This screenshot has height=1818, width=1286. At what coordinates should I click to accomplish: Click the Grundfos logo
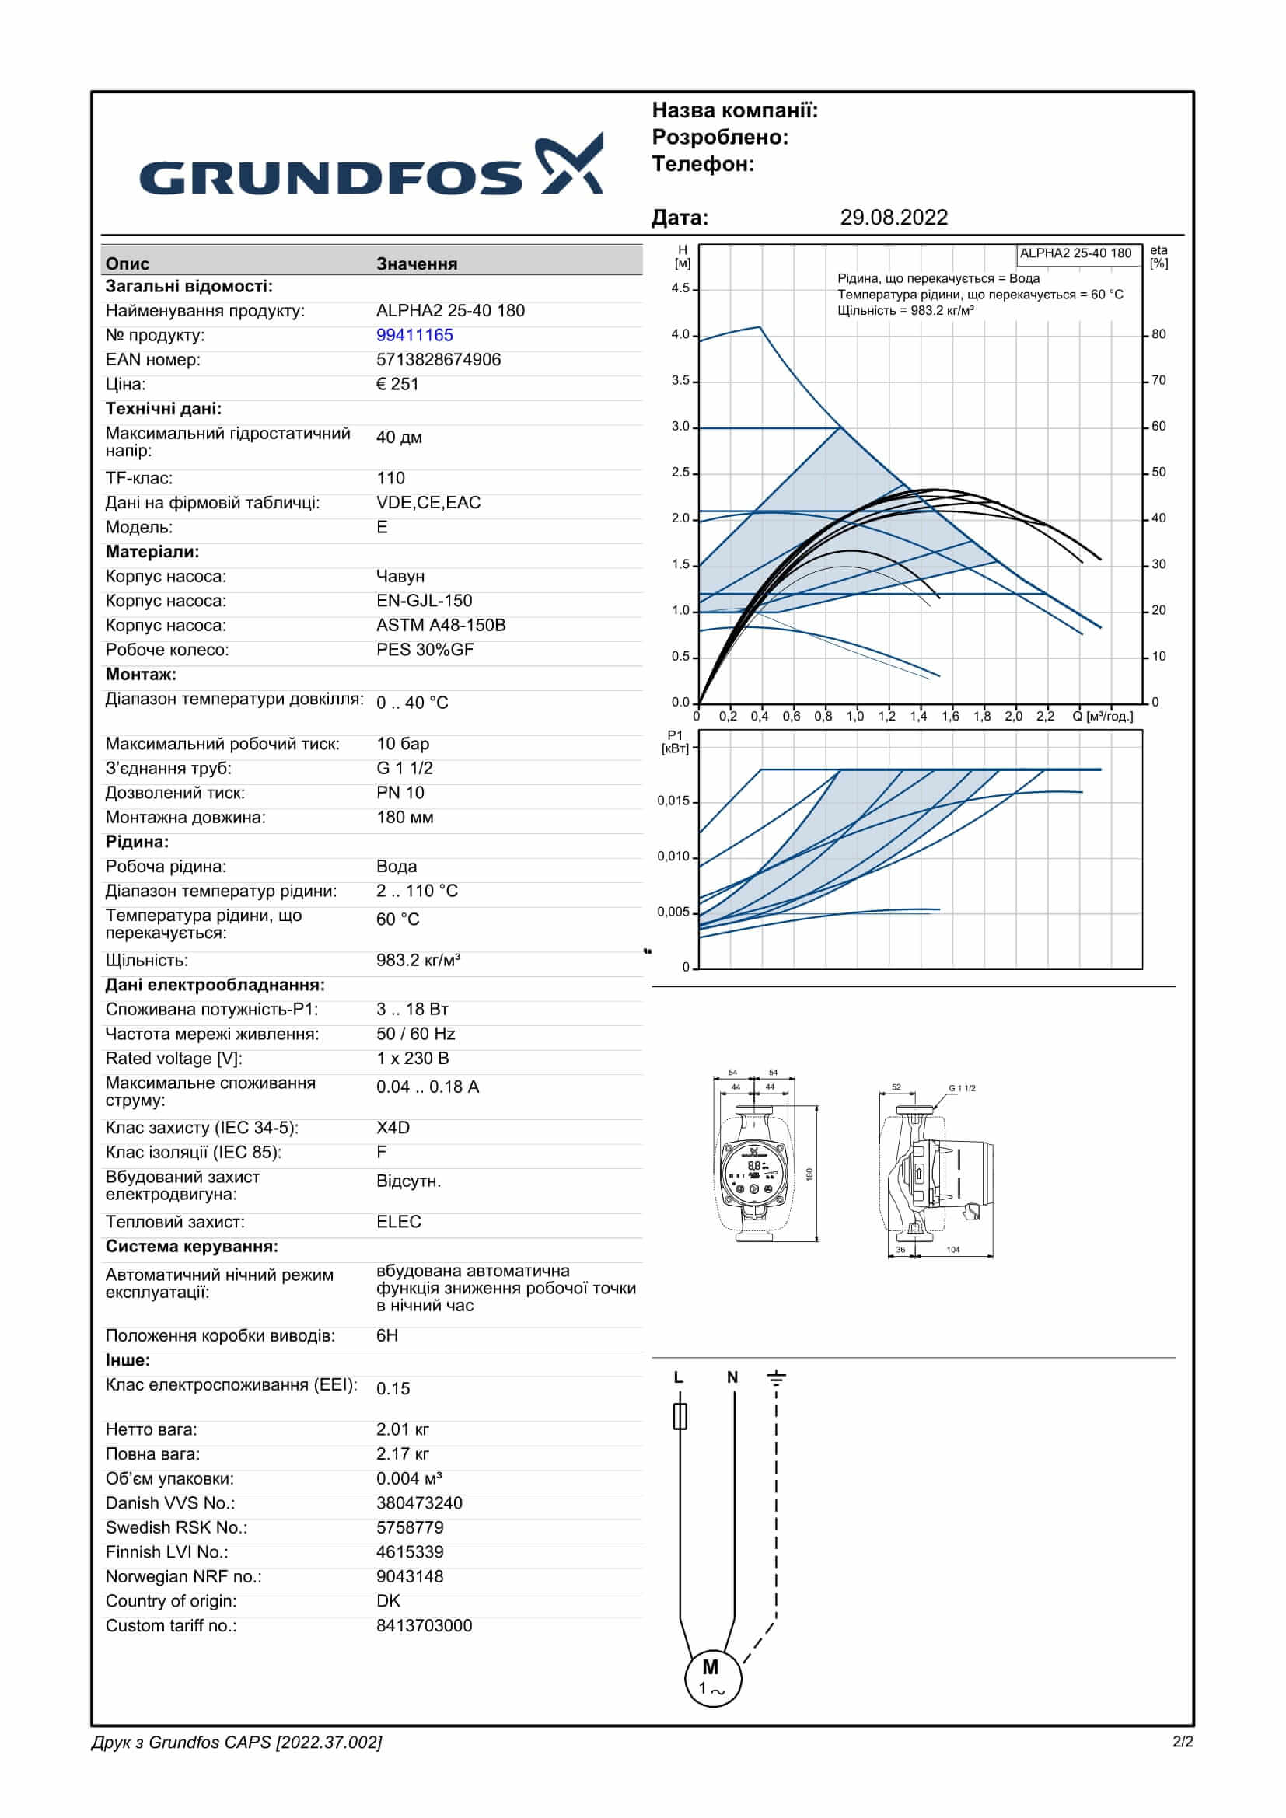[x=371, y=166]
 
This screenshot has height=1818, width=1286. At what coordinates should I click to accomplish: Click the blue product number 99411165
[x=414, y=335]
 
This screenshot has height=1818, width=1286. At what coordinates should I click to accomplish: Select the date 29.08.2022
[x=893, y=218]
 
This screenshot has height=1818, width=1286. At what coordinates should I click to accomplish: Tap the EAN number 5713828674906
[x=438, y=360]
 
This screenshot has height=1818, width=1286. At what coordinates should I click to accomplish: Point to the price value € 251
[x=397, y=384]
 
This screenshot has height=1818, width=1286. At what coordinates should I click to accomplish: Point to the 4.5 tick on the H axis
[x=680, y=288]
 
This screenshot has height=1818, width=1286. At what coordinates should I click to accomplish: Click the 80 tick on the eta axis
[x=1158, y=334]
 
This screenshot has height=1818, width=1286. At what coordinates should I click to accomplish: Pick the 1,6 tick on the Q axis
[x=949, y=717]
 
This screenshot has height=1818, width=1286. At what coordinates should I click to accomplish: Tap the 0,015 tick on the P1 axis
[x=673, y=801]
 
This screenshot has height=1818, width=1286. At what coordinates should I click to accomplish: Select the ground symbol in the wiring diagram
[x=776, y=1379]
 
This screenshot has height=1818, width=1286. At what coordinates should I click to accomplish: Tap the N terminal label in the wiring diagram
[x=732, y=1378]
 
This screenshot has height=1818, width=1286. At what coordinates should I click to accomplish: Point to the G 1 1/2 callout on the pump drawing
[x=962, y=1088]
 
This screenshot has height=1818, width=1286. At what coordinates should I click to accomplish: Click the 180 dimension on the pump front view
[x=809, y=1174]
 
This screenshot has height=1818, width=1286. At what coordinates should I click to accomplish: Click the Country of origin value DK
[x=388, y=1601]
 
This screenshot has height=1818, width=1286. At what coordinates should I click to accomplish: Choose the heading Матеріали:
[x=152, y=552]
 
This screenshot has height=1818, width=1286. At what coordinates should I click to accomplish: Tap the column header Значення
[x=417, y=263]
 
